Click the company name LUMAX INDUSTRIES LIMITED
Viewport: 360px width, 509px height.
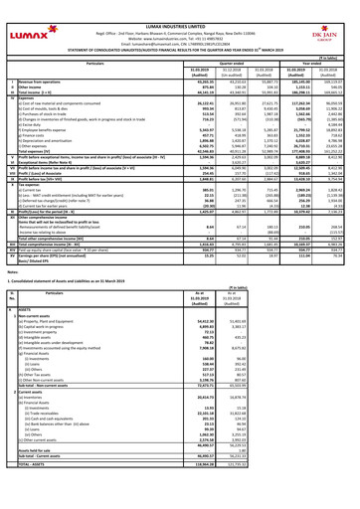coord(181,5)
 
